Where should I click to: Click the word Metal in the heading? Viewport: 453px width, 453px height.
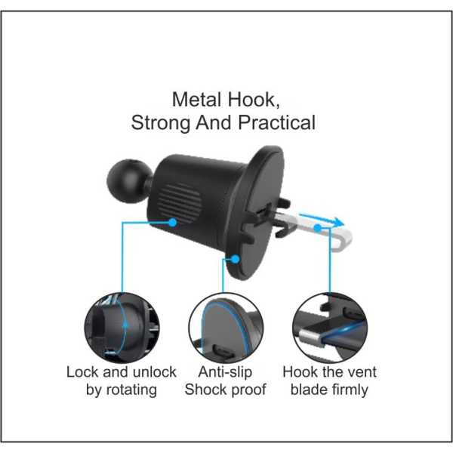197,100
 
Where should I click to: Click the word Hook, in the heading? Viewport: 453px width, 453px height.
254,100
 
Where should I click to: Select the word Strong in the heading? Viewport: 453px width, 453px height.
161,122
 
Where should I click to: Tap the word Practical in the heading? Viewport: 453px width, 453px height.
276,122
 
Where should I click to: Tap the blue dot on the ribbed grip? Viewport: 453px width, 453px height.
172,223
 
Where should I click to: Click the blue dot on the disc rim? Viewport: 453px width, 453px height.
236,259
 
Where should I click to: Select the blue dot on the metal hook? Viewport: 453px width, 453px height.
318,228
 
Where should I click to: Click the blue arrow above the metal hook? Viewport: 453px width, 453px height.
322,220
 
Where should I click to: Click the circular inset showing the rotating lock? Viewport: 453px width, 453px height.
122,328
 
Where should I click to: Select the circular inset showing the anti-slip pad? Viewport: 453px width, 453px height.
226,328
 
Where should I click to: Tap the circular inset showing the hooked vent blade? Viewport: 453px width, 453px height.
330,328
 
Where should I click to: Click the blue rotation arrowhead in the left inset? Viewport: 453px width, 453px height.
125,324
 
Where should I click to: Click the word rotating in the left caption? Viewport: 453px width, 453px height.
131,390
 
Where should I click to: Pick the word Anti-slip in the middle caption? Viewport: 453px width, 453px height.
225,372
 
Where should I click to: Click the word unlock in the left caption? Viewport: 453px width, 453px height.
155,372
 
